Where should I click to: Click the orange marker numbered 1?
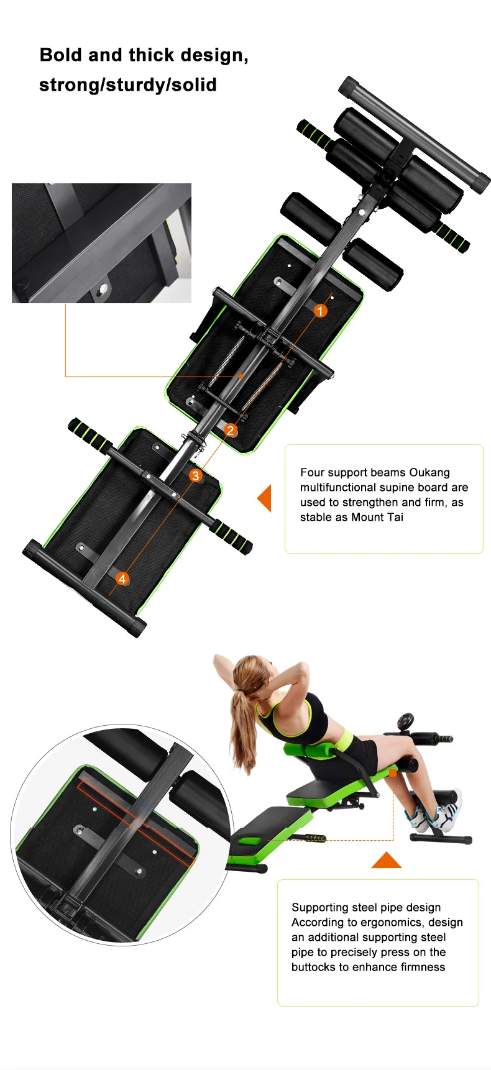(320, 311)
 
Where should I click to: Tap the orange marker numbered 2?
(231, 430)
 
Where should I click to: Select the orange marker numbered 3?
(196, 475)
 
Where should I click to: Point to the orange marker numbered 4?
(122, 578)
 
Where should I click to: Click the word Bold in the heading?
(62, 55)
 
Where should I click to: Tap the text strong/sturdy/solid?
(128, 85)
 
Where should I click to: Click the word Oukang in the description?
(429, 472)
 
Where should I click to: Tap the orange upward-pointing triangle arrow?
(387, 860)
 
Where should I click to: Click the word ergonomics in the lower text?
(378, 922)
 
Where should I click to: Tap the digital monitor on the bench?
(407, 722)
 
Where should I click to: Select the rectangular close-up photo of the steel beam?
(101, 243)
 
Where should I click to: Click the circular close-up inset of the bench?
(122, 835)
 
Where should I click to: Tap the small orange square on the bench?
(393, 773)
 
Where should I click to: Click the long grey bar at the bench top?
(415, 135)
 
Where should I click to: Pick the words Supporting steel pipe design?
(366, 907)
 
